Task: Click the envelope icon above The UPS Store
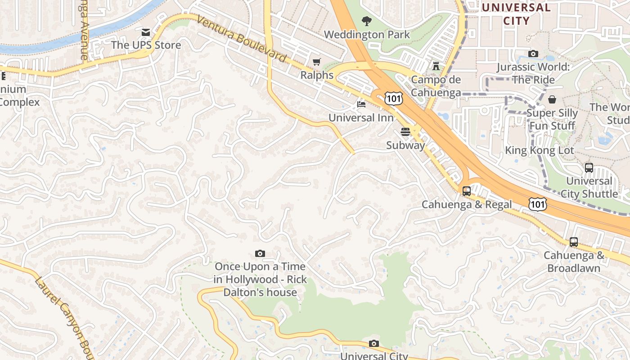[146, 32]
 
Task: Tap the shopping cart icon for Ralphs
[317, 62]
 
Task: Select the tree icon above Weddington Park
[367, 21]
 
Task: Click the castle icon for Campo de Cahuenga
[436, 66]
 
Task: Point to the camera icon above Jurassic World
[533, 54]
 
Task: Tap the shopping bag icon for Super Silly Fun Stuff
[552, 99]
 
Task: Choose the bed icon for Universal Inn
[361, 104]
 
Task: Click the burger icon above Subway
[405, 132]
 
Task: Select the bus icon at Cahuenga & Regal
[467, 191]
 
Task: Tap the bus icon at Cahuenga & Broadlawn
[574, 242]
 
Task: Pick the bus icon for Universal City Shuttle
[589, 168]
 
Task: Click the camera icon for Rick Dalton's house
[260, 254]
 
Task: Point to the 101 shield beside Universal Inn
[393, 98]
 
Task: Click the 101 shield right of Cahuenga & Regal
[538, 203]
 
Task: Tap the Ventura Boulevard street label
[242, 40]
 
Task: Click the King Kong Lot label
[540, 150]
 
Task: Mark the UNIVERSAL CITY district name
[516, 14]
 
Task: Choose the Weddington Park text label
[367, 35]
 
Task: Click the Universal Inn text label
[361, 118]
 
